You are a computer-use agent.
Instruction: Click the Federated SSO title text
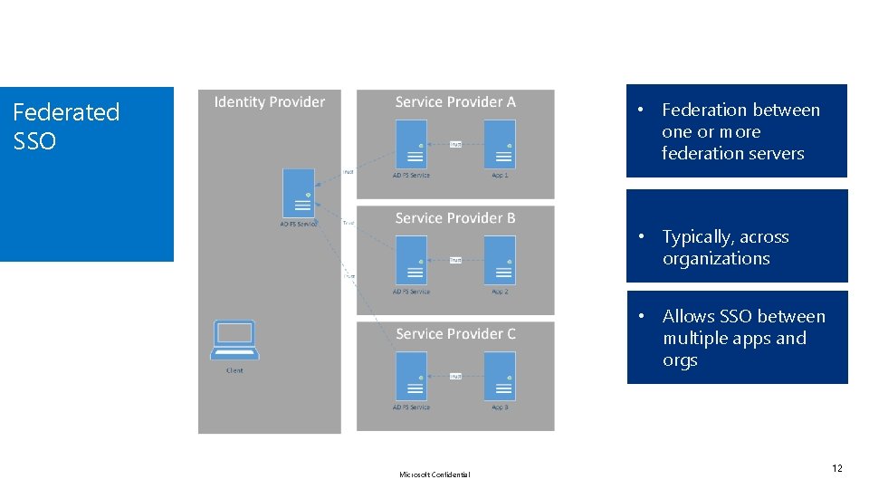66,126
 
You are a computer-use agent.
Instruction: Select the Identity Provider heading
269,101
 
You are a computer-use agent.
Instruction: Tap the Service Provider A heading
455,101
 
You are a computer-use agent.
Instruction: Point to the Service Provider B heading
455,217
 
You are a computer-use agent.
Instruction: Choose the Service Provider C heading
455,333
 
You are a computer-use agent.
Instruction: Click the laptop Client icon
234,340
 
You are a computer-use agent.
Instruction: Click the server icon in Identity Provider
297,192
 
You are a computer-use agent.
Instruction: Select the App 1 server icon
500,144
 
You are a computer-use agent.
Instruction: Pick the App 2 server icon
500,260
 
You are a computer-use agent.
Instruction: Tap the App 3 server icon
500,376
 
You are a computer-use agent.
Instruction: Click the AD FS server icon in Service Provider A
411,144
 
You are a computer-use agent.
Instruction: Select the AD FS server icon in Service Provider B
411,260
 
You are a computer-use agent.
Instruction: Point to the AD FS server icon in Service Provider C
411,376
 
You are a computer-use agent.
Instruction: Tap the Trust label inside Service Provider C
455,376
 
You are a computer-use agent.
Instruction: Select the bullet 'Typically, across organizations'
725,247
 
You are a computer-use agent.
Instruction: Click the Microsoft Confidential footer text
434,475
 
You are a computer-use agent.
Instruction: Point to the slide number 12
836,468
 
